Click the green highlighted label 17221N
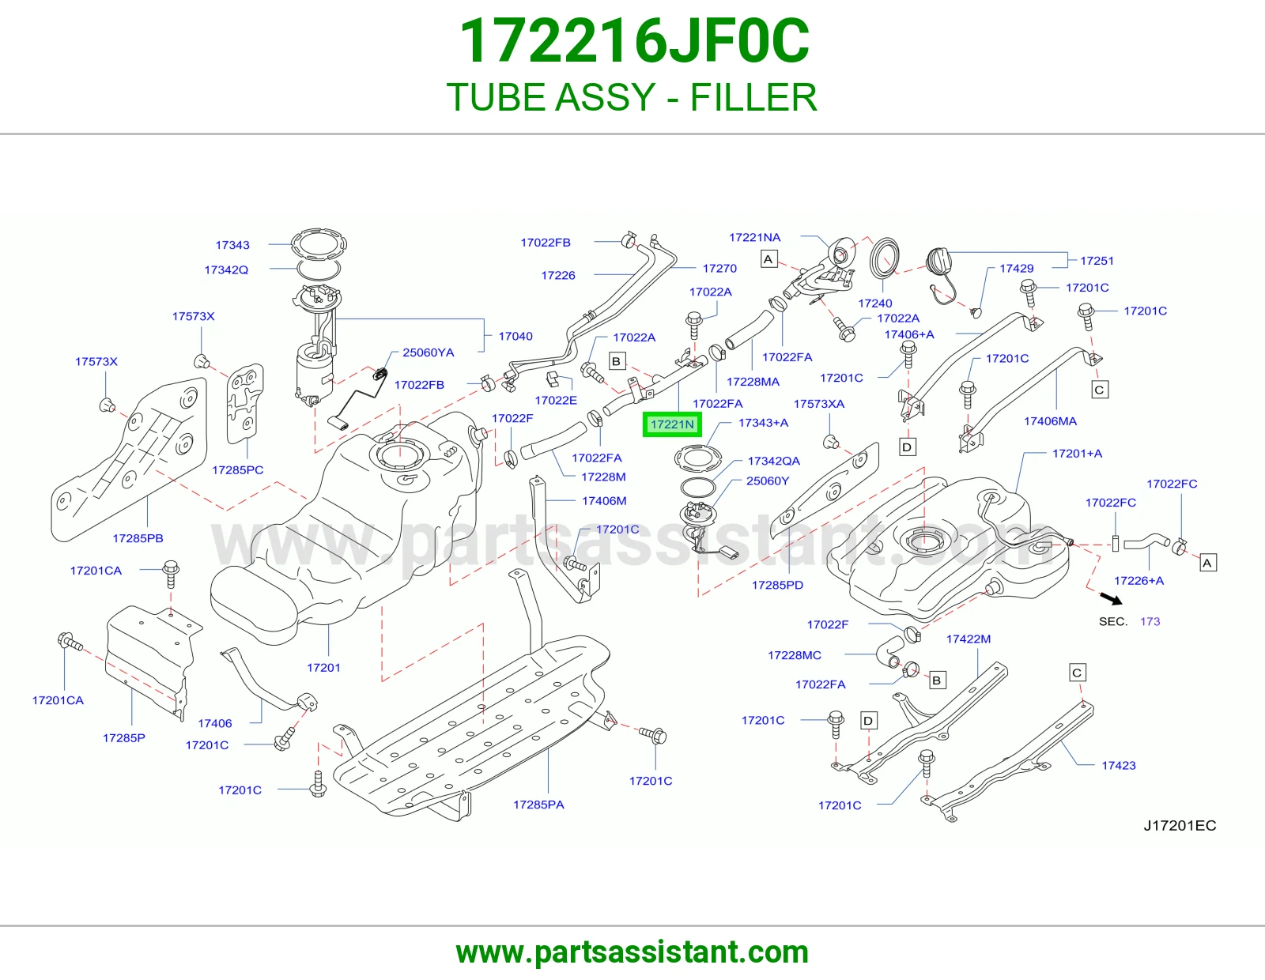point(672,424)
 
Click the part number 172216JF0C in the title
point(634,40)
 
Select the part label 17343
point(232,245)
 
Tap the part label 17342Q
point(226,270)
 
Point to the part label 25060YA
point(428,352)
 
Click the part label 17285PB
point(138,538)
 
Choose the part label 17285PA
point(538,805)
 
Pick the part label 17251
point(1097,261)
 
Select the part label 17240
point(875,303)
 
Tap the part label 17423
point(1118,765)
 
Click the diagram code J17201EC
point(1180,825)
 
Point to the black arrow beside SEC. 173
point(1111,599)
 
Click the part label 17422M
point(968,639)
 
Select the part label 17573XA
point(818,403)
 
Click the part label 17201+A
point(1077,454)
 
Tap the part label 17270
point(719,268)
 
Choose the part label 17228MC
point(794,654)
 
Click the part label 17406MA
point(1050,420)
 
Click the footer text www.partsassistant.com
point(632,952)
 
